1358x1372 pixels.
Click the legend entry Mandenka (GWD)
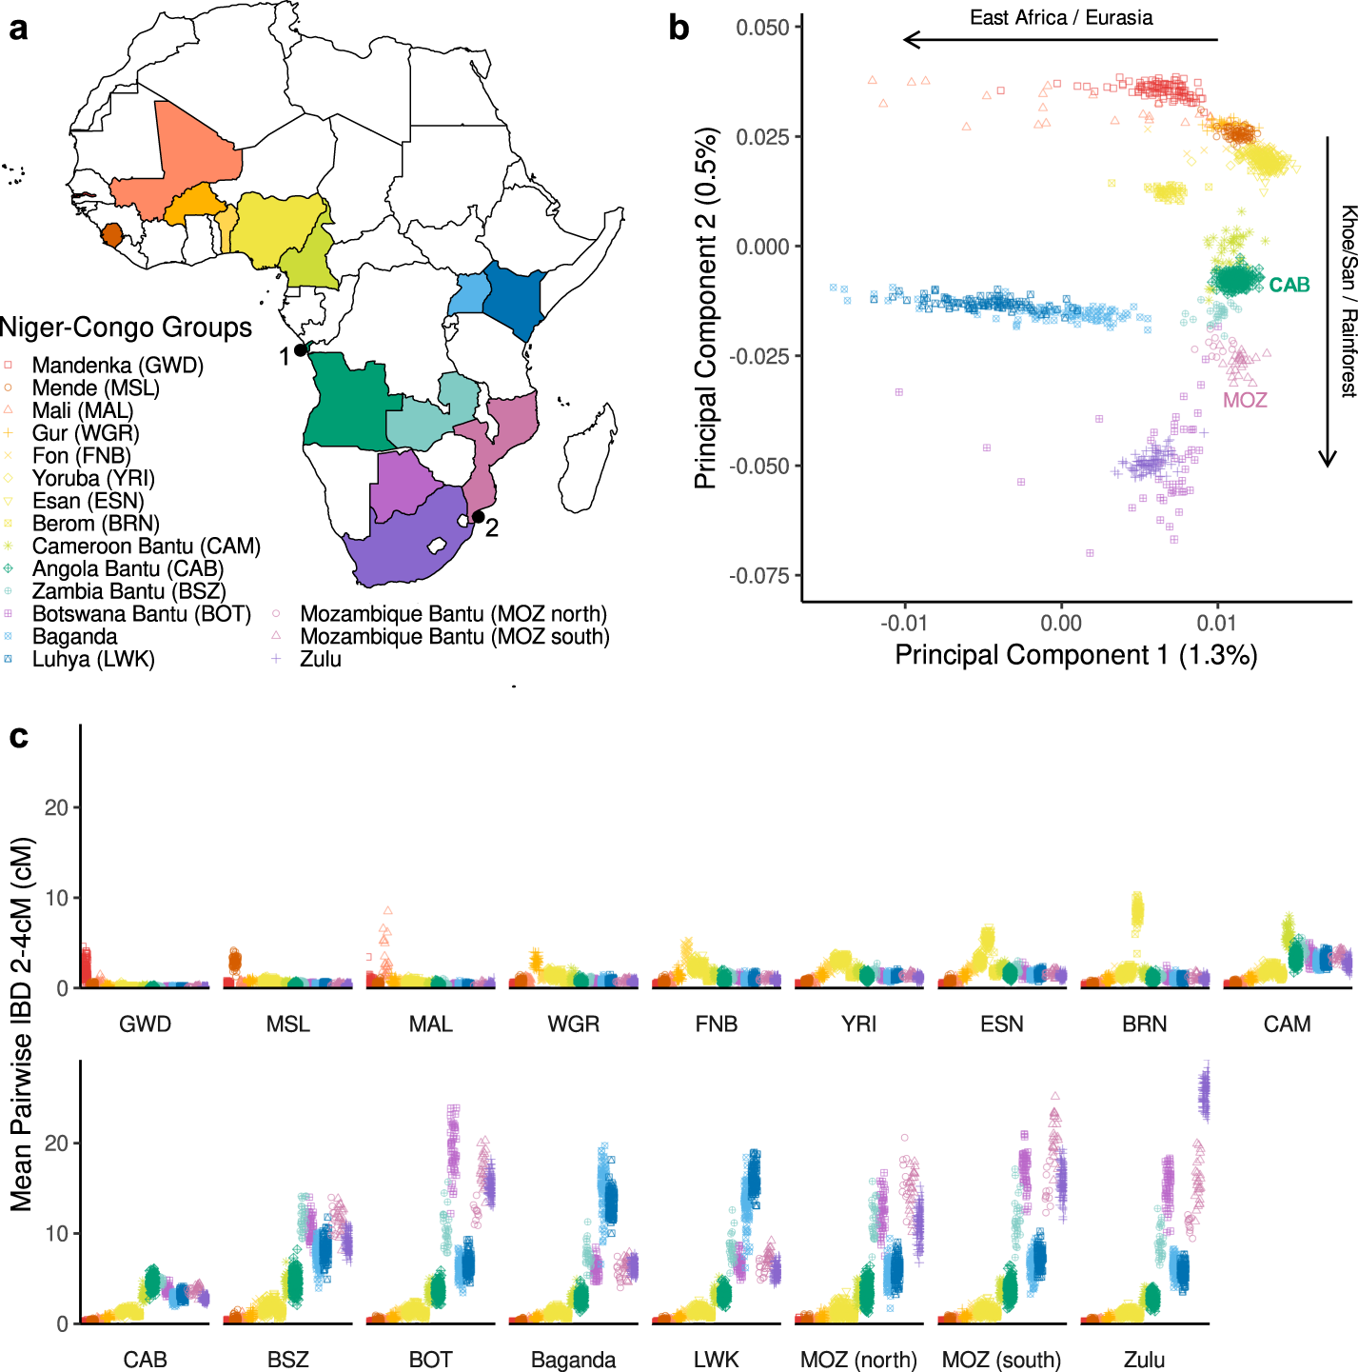coord(117,366)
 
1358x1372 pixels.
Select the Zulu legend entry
coord(320,659)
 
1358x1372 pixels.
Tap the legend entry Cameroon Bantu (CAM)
coord(146,547)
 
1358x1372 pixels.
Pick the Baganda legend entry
coord(74,637)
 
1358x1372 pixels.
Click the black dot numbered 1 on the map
coord(301,350)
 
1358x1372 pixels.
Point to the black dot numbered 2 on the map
coord(478,517)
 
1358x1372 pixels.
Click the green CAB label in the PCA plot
coord(1289,286)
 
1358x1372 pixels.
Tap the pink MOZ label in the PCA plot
coord(1245,401)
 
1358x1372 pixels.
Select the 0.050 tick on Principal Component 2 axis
coord(763,28)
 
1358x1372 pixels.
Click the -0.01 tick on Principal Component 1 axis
coord(904,624)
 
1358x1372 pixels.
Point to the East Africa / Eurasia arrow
coord(1060,40)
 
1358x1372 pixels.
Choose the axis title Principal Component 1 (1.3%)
coord(1075,656)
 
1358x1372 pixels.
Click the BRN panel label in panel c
coord(1144,1024)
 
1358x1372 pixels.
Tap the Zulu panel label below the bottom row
coord(1144,1360)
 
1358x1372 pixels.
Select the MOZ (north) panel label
coord(858,1360)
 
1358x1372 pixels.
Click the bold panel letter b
coord(679,28)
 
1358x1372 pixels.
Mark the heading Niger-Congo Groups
coord(126,328)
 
